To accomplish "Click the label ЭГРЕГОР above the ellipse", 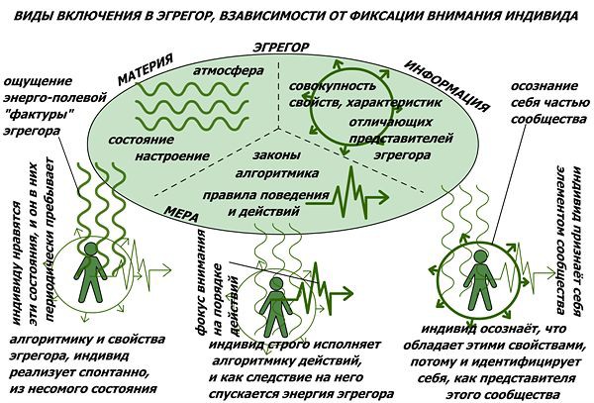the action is pos(281,48).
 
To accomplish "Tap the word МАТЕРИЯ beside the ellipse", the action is pos(146,69).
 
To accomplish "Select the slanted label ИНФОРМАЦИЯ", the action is pos(447,86).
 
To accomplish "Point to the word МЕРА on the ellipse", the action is pos(181,214).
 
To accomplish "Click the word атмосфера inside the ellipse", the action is pos(229,71).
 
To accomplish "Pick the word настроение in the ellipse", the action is pos(172,155).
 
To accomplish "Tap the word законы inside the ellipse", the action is pos(277,154).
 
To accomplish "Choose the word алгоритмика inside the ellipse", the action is pos(277,173).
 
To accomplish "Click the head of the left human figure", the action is pos(90,250).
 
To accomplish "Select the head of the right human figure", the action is pos(481,257).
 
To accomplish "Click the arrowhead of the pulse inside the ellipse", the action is pos(383,197).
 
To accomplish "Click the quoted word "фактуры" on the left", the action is pos(39,114).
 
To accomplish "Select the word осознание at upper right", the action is pos(544,86).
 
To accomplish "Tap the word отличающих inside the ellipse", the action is pos(391,122).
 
